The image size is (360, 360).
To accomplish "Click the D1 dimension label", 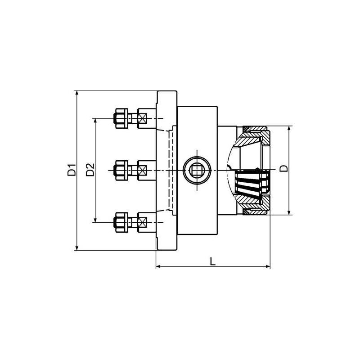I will click(x=71, y=171).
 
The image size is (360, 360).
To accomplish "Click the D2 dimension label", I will click(x=90, y=170).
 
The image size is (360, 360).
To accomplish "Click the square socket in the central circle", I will click(x=197, y=170).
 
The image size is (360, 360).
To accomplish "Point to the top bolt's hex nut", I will click(x=120, y=118).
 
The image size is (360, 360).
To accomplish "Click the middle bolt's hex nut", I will click(x=120, y=170).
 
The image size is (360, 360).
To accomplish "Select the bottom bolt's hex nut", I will click(x=120, y=221).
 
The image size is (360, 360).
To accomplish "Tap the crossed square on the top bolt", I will click(x=143, y=118).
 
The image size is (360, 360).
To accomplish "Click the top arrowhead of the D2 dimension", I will click(x=95, y=121).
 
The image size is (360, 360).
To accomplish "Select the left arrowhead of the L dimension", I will click(x=158, y=267).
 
